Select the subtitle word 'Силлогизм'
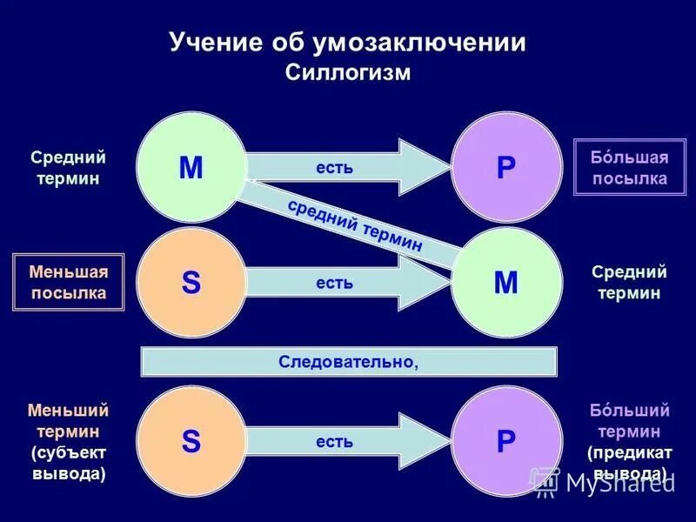(x=347, y=73)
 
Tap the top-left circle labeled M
(x=191, y=166)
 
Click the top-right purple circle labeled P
(x=505, y=166)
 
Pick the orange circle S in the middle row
(x=191, y=283)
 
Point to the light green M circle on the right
(x=505, y=283)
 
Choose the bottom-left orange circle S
(x=191, y=441)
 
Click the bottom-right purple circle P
(x=505, y=441)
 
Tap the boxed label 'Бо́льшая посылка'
(x=630, y=168)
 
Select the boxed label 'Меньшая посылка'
(x=69, y=283)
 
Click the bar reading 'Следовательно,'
(x=348, y=362)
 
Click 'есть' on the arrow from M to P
(x=335, y=166)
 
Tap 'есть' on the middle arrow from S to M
(x=335, y=283)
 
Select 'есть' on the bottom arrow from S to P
(x=335, y=441)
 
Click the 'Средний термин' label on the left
(x=69, y=168)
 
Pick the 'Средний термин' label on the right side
(x=629, y=283)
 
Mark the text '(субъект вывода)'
(x=69, y=464)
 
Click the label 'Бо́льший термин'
(x=629, y=420)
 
